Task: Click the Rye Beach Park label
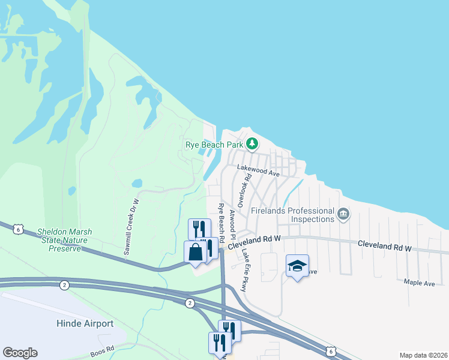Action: click(214, 145)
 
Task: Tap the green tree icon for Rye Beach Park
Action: click(253, 144)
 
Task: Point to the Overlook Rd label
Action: click(241, 193)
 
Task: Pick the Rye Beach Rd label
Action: click(221, 223)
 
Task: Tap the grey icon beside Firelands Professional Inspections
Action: click(343, 214)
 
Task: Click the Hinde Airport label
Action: click(85, 324)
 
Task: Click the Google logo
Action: click(20, 353)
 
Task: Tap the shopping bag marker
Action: click(196, 252)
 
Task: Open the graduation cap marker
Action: click(297, 266)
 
